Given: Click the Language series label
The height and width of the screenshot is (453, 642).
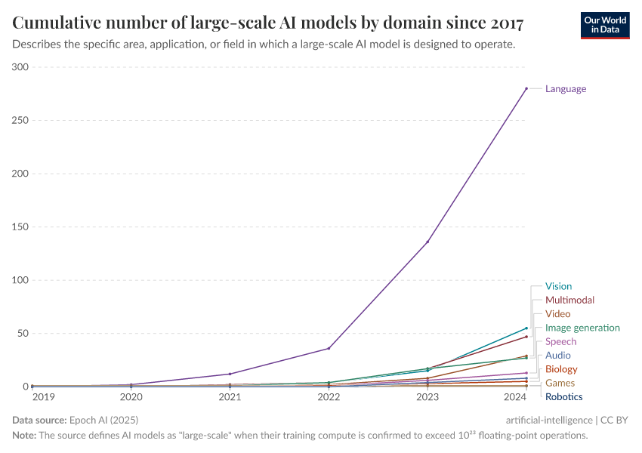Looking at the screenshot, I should coord(565,88).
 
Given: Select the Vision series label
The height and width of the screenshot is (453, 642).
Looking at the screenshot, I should coord(558,286).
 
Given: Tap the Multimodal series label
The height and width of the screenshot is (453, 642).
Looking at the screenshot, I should coord(569,300).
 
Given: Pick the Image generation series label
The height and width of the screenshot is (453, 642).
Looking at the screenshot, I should coord(582,328).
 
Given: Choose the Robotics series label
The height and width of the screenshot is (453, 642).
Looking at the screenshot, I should coord(563,396).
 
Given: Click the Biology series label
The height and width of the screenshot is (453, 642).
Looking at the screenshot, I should coord(561,369).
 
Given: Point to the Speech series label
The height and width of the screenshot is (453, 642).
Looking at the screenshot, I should coord(560,341).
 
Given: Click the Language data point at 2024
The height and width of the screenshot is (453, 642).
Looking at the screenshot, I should coord(526,88).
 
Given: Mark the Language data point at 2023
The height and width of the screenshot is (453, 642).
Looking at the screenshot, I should coord(427,242).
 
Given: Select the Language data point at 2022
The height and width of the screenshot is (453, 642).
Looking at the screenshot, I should coord(329,348).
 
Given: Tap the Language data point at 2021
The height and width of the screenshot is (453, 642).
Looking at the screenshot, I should coord(230,374).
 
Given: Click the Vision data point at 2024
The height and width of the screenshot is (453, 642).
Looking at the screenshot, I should coord(526,328).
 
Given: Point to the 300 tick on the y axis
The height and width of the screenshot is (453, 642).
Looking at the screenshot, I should coord(20,67).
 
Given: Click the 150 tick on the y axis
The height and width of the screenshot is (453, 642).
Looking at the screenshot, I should coord(20,227).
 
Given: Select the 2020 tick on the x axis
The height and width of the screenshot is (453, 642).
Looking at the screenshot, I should coord(131,396).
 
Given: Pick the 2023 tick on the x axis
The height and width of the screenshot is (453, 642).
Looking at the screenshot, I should coord(427,396).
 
